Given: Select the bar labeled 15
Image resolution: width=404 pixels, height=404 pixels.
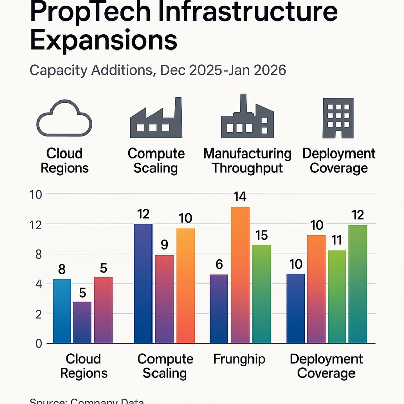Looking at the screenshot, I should (x=262, y=293).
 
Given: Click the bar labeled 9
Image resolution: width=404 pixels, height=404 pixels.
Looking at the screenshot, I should (x=164, y=298).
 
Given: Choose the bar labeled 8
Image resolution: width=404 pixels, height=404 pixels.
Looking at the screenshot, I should (x=62, y=310).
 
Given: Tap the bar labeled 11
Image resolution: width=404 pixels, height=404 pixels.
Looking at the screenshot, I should (x=337, y=296).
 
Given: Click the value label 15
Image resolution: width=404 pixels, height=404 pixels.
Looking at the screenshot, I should (x=262, y=235).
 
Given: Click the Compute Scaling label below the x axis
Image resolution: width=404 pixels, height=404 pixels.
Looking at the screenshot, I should (x=165, y=366).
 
